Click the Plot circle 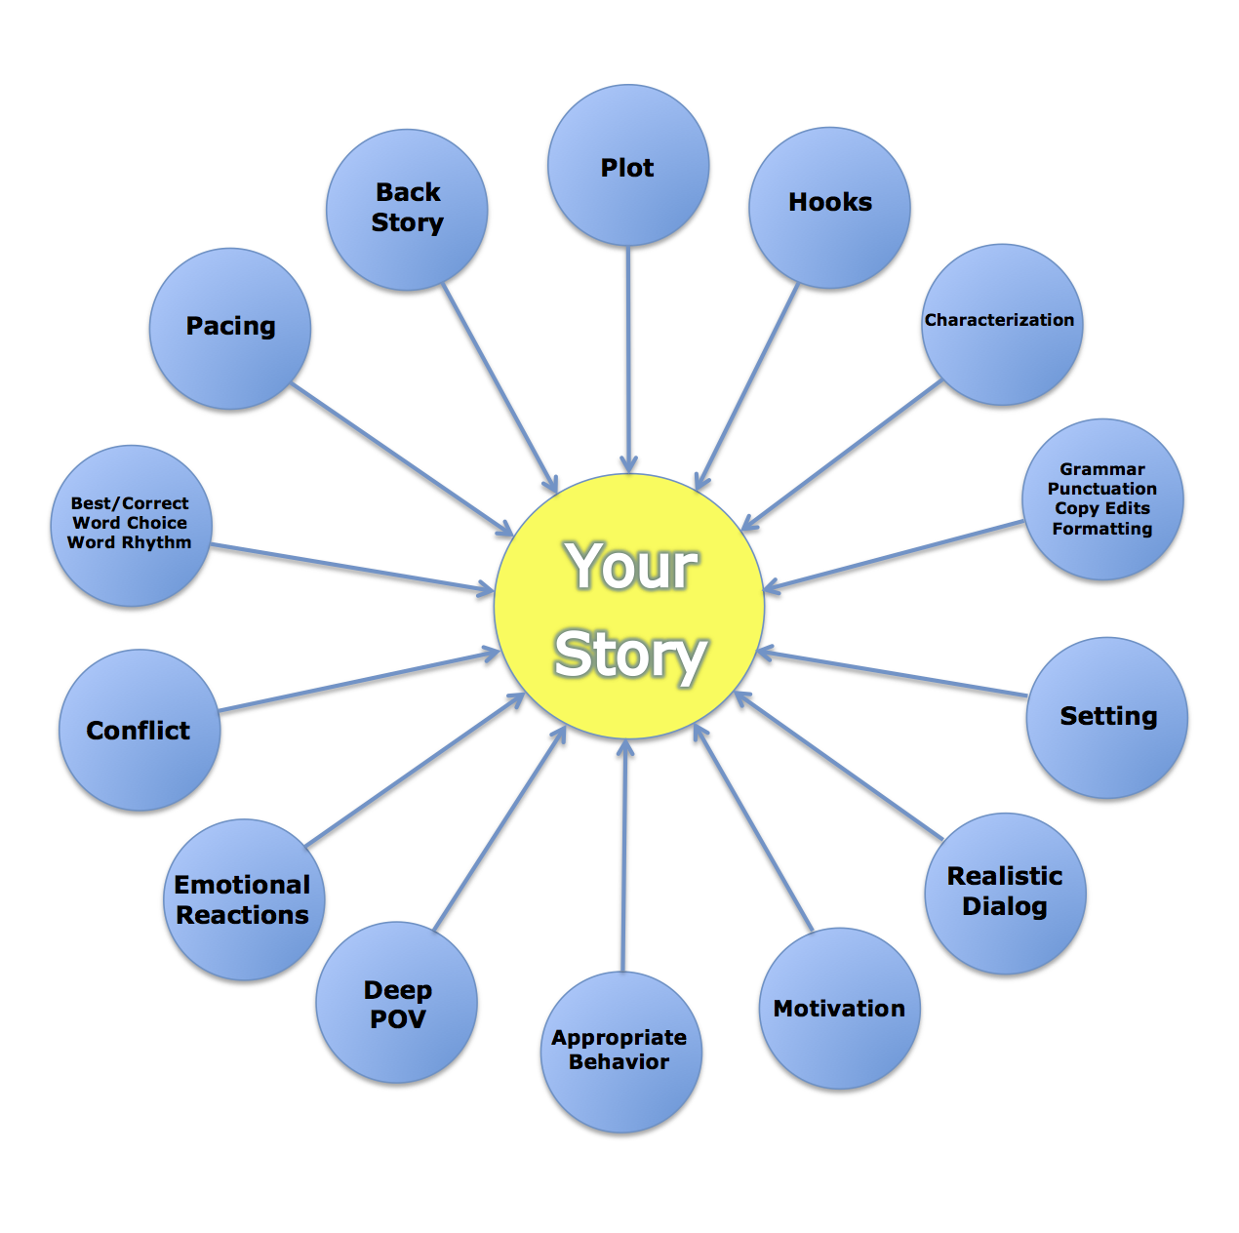pos(628,166)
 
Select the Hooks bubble pos(829,208)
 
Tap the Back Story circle pos(407,210)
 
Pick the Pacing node pos(230,329)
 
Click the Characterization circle pos(1001,325)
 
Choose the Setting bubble pos(1106,718)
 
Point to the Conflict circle pos(140,730)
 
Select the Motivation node pos(839,1009)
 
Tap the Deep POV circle pos(397,1003)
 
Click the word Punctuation pos(1102,489)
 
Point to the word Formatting pos(1102,529)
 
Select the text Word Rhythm pos(130,542)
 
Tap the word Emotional pos(242,885)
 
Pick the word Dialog pos(1005,906)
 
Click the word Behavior pos(619,1062)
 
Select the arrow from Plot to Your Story pos(628,361)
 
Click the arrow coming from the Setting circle pos(893,674)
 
